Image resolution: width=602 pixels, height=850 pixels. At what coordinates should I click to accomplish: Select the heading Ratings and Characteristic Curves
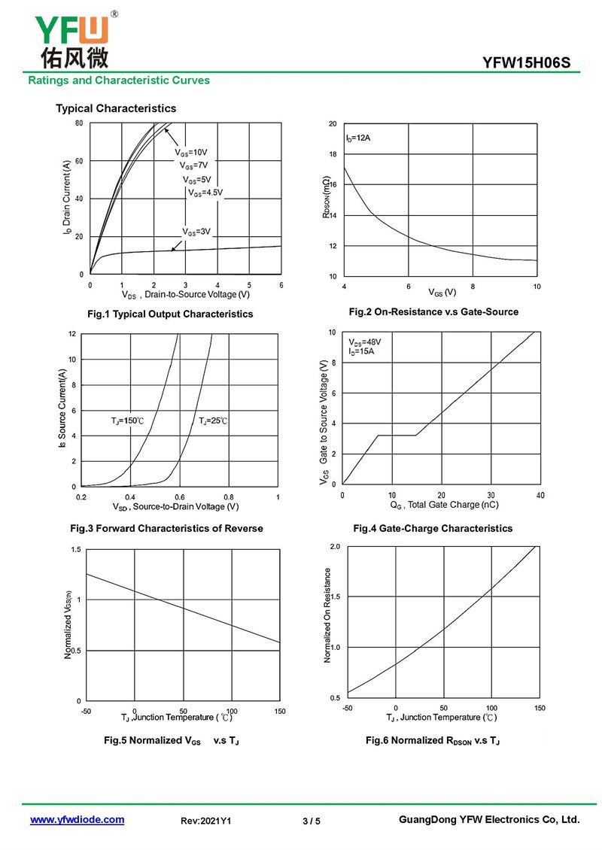point(119,80)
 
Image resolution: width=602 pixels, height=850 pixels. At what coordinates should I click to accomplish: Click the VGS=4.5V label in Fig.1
point(205,193)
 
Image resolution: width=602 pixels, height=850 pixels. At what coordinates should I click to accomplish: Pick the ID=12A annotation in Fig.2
point(358,138)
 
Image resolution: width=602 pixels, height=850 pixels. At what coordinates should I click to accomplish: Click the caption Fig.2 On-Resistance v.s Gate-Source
point(433,311)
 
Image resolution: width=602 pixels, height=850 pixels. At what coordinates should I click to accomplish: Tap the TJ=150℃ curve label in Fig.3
point(128,420)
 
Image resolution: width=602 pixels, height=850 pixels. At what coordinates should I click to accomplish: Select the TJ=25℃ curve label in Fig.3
point(213,420)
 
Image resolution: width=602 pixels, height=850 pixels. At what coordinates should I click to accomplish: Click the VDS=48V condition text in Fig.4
point(364,342)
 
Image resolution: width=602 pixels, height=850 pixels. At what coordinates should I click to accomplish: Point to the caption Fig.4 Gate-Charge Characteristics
point(433,528)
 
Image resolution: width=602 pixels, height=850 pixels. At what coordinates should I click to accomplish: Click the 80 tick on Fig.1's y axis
point(79,123)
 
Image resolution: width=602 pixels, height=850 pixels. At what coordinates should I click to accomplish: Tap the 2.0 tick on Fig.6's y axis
point(335,546)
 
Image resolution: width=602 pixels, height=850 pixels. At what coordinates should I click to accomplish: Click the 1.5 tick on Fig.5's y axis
point(76,550)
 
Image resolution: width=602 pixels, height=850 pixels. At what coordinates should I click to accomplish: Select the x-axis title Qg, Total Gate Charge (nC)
point(444,505)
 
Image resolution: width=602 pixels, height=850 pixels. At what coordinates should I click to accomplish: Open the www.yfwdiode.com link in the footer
point(77,820)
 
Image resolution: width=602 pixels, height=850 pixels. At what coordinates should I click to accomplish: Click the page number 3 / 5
point(312,821)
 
